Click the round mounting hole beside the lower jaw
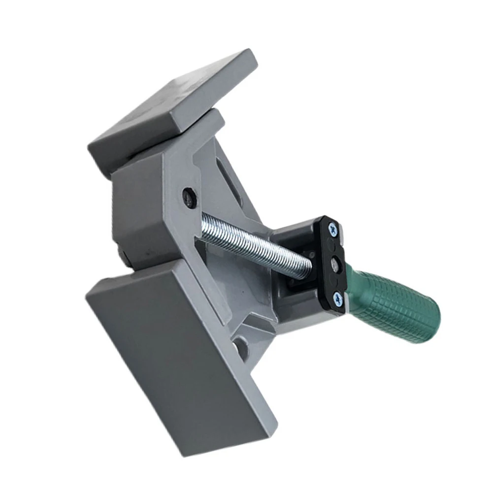(x=241, y=347)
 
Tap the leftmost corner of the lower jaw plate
(x=87, y=296)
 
